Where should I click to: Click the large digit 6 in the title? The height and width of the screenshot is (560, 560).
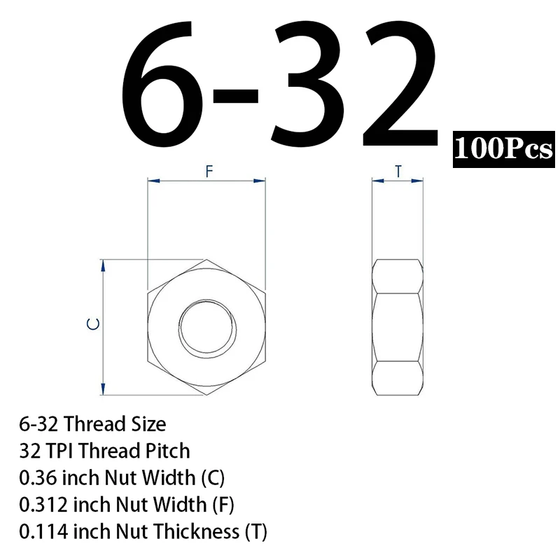tap(161, 83)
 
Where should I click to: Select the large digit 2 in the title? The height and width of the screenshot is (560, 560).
tap(400, 83)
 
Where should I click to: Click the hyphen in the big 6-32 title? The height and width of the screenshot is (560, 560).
tap(235, 96)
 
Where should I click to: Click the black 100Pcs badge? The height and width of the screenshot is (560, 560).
tap(503, 149)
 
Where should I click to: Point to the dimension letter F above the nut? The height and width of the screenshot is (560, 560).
tap(209, 171)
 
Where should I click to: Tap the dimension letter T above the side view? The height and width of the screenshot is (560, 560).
tap(398, 171)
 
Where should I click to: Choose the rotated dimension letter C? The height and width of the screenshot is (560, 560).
tap(93, 324)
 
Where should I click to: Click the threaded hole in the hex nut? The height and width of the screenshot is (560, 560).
tap(207, 327)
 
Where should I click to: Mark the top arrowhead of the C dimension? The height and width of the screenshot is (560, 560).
tap(103, 266)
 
